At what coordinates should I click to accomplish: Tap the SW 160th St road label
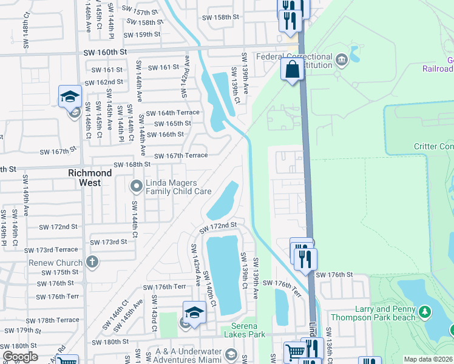click(x=104, y=53)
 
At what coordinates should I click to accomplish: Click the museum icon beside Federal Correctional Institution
click(x=341, y=59)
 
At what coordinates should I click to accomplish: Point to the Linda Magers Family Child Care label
click(x=178, y=187)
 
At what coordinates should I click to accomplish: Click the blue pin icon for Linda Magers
click(x=137, y=184)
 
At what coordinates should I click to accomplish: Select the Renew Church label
click(x=56, y=263)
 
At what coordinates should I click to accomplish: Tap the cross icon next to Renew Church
click(x=92, y=262)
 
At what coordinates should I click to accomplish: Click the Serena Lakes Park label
click(x=245, y=329)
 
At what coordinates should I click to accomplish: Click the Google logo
click(x=20, y=357)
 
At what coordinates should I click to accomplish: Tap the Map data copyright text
click(x=429, y=359)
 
